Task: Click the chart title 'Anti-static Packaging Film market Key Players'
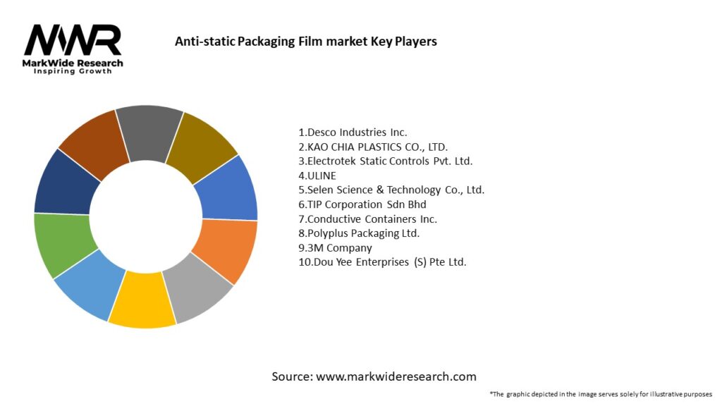click(x=305, y=42)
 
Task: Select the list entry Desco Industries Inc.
click(x=353, y=132)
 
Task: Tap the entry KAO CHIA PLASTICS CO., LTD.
click(x=373, y=147)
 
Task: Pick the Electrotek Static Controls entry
click(x=385, y=161)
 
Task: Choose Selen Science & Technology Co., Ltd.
click(x=391, y=190)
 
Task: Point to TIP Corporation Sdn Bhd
click(x=362, y=204)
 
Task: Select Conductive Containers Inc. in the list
click(x=367, y=219)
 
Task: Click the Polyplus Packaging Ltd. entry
click(x=359, y=233)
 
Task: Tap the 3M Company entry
click(x=335, y=247)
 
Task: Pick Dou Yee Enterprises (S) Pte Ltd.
click(x=382, y=262)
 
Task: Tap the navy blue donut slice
click(x=66, y=183)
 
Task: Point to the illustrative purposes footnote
click(x=601, y=394)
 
